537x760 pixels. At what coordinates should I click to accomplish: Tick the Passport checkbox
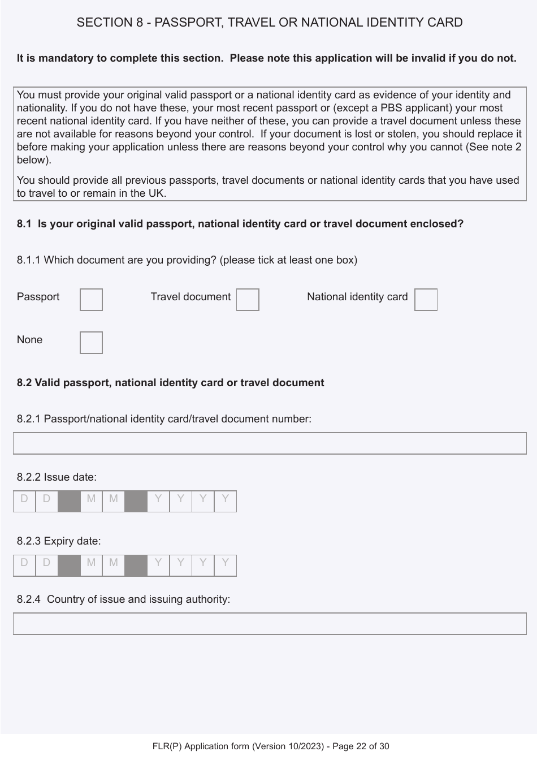(91, 300)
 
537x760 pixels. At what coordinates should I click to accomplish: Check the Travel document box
(248, 300)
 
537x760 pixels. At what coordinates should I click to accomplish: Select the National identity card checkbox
(426, 300)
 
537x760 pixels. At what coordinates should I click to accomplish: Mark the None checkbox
(91, 343)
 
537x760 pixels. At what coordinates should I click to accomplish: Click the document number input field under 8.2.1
(270, 443)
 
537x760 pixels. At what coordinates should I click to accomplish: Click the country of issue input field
(270, 624)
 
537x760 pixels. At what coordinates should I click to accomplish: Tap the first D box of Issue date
(24, 502)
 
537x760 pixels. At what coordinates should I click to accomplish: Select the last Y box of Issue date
(226, 502)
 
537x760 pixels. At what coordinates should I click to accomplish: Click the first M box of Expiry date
(91, 565)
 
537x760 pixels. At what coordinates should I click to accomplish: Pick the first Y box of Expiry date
(158, 565)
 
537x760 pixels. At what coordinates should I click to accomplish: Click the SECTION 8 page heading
(270, 23)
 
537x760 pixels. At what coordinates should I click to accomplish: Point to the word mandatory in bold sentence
(57, 58)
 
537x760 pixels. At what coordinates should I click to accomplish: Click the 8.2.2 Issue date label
(57, 477)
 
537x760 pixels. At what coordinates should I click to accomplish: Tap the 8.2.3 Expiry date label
(59, 541)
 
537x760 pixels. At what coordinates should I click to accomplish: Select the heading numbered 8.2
(170, 383)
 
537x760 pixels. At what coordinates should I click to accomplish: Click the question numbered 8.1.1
(187, 260)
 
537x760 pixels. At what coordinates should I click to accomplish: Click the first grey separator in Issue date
(69, 502)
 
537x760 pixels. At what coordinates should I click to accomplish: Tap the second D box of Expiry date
(46, 565)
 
